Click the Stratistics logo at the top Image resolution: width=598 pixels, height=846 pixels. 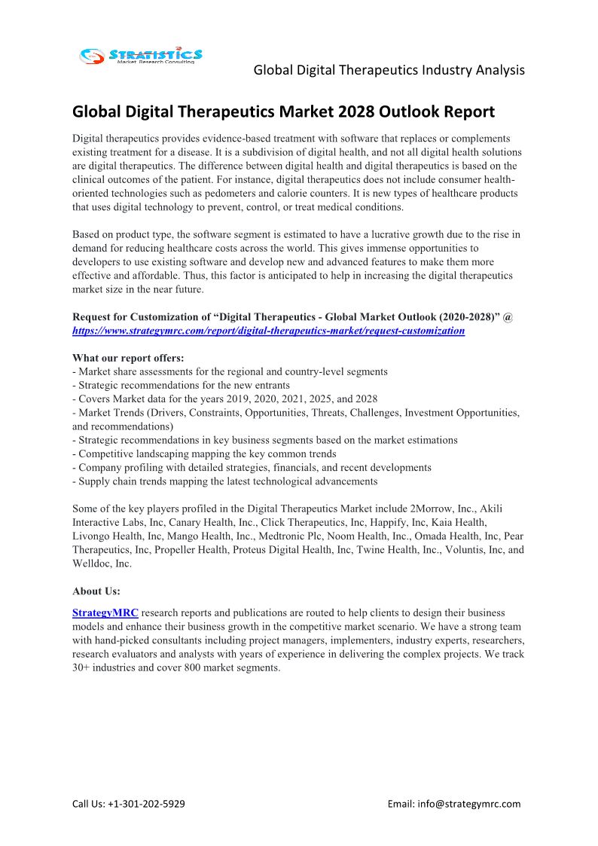coord(141,55)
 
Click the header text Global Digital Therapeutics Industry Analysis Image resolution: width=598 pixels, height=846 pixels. coord(389,70)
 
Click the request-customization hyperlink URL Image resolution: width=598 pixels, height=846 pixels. coord(268,331)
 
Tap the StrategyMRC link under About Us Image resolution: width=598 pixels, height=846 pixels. coord(105,613)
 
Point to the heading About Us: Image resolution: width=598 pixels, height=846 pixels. coord(96,591)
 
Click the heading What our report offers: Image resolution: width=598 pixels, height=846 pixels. coord(127,358)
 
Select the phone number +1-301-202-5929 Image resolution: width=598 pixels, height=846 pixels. coord(147,804)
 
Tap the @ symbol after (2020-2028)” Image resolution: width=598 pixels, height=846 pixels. coord(509,317)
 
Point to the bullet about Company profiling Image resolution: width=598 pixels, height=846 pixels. coord(252,467)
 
